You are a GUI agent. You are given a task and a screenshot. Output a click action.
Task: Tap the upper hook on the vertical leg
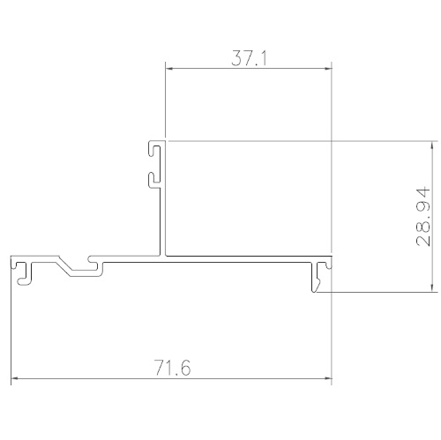(x=153, y=151)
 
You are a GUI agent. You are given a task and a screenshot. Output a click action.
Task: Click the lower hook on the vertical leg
(x=153, y=178)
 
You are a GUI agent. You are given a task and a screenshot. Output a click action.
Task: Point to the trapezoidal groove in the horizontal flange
(x=77, y=264)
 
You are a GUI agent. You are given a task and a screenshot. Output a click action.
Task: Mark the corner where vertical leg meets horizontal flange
(x=163, y=257)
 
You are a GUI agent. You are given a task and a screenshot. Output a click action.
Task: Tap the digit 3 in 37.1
(x=236, y=59)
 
